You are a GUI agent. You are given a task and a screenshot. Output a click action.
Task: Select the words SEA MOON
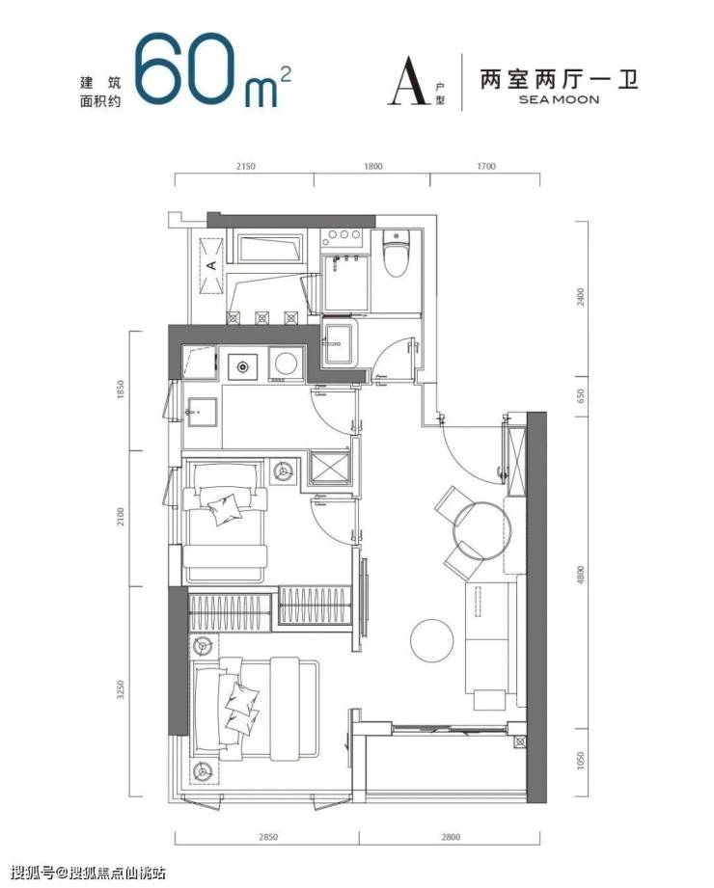pos(558,99)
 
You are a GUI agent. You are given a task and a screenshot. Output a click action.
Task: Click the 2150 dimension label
pos(245,167)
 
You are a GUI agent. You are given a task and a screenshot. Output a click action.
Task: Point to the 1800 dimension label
pos(372,167)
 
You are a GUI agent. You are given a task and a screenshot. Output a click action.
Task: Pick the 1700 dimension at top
pos(485,167)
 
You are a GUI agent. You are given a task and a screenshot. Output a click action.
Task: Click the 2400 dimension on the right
pos(579,297)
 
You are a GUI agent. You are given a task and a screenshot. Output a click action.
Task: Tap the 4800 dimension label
pos(579,575)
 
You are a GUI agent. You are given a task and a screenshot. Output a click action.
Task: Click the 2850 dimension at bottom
pos(267,837)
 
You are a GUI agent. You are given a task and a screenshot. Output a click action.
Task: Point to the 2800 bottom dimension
pos(450,837)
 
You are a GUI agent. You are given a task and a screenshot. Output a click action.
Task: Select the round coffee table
pos(432,640)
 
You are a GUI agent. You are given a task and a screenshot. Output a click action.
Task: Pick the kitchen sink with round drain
pos(242,366)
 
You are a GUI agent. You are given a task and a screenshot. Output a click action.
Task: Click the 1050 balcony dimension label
pos(579,762)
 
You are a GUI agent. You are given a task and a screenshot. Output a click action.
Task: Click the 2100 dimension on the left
pos(120,517)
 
